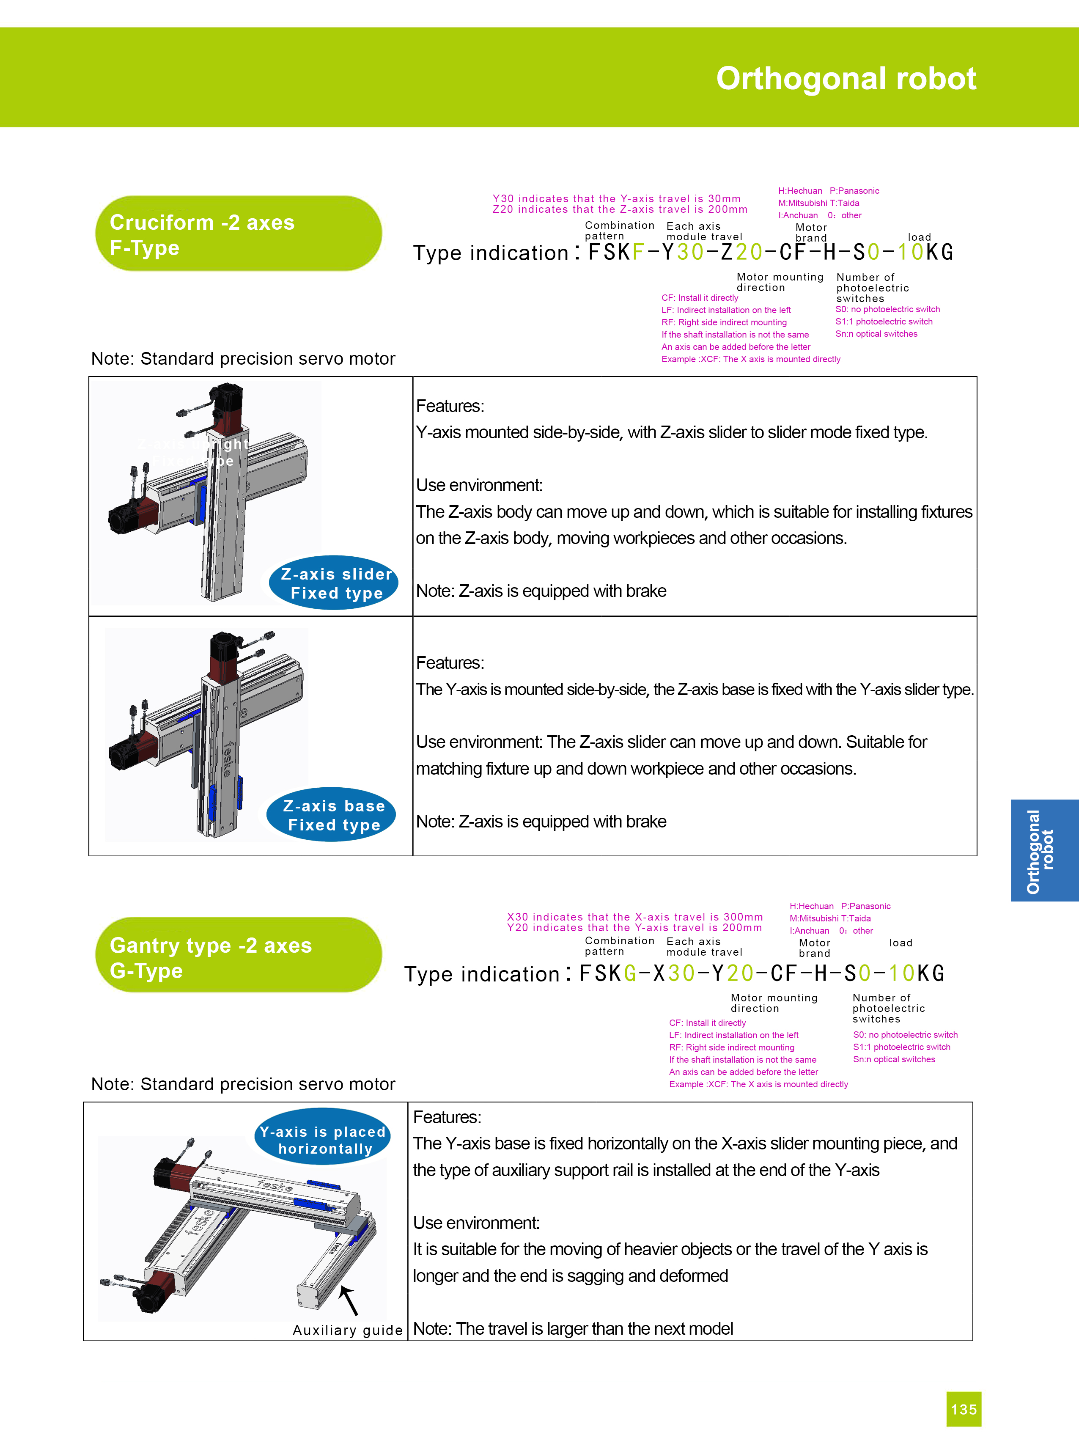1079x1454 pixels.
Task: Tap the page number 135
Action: [x=964, y=1409]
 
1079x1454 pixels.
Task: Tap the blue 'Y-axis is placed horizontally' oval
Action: [x=323, y=1139]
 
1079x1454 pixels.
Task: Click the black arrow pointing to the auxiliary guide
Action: [x=349, y=1300]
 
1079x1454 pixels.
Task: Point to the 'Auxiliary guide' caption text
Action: [x=348, y=1330]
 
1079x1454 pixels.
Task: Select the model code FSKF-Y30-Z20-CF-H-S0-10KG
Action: [x=771, y=252]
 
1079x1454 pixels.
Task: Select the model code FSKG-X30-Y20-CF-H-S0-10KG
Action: [x=762, y=973]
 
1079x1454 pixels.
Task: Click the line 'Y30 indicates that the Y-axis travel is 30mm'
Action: [x=617, y=198]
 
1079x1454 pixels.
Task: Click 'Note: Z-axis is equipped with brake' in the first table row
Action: [x=541, y=591]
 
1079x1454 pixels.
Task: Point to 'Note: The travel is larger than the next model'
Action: [x=573, y=1329]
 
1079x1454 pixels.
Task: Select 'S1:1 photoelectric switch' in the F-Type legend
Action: [x=884, y=322]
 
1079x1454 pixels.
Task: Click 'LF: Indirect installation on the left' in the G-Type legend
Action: [x=733, y=1035]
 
